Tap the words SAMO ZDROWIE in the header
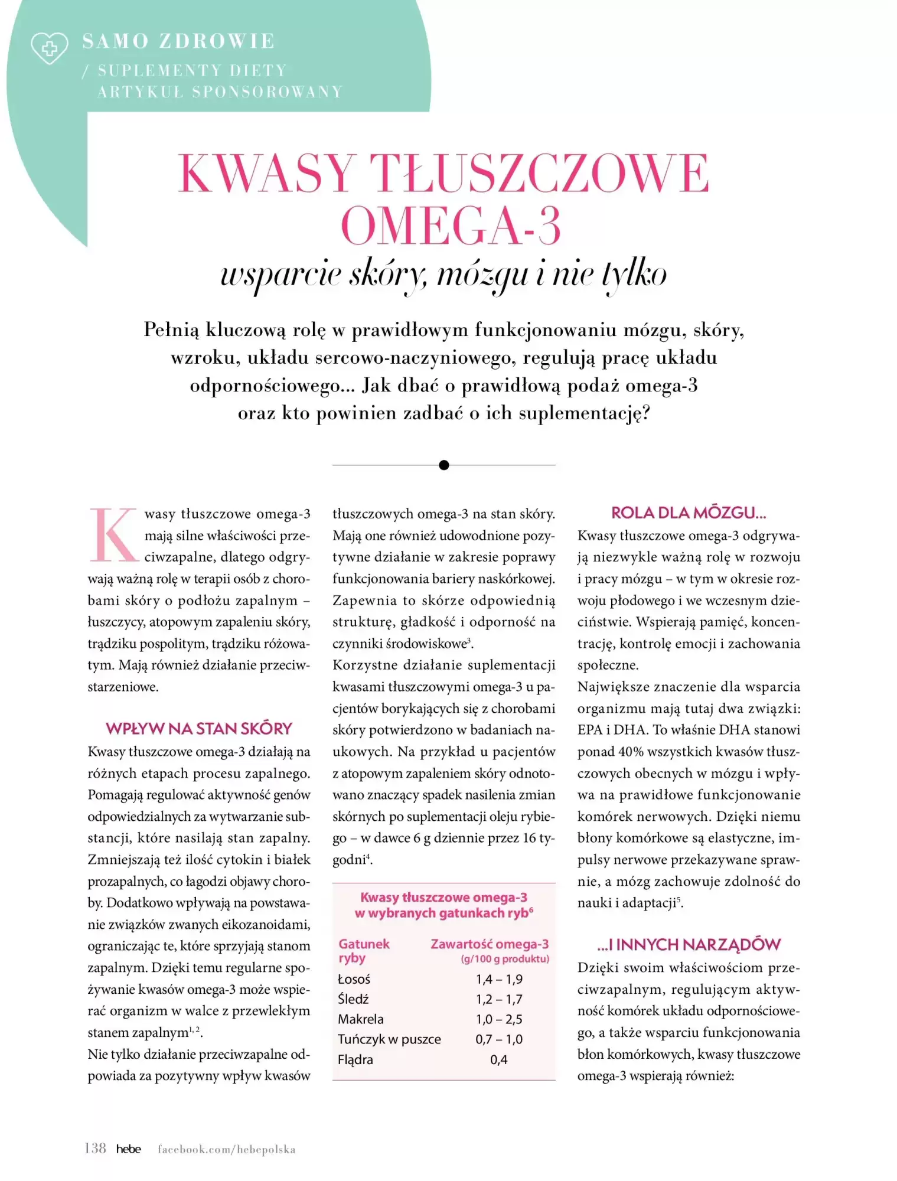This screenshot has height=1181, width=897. coord(178,41)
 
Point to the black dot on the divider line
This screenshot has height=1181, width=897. coord(444,465)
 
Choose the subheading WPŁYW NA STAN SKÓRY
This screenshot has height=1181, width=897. coord(199,729)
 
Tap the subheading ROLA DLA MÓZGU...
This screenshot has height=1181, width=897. coord(689,513)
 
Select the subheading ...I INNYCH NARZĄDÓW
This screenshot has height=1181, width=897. coord(689,945)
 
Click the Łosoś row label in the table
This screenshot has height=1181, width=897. coord(354,979)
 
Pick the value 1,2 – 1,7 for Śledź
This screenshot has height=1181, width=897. coord(499,999)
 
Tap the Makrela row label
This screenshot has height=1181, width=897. coord(360,1019)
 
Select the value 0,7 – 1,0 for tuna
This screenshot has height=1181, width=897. coord(499,1039)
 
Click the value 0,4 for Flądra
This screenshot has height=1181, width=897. coord(499,1059)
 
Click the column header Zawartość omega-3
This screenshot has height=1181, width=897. coord(490,944)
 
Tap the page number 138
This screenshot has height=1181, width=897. coord(95,1149)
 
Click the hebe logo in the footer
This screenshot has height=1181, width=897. coord(128,1149)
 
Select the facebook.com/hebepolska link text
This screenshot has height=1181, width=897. coord(226,1149)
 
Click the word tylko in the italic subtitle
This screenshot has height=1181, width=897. coord(634,275)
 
